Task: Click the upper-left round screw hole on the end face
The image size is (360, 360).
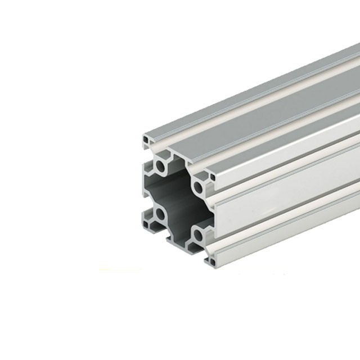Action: tap(161, 166)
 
